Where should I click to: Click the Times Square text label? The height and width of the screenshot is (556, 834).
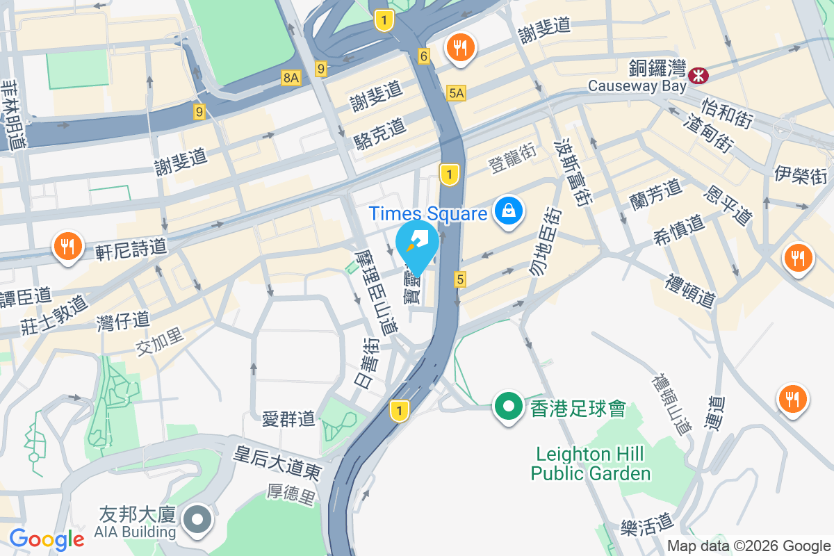(x=427, y=213)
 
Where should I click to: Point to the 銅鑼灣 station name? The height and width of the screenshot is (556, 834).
(x=656, y=68)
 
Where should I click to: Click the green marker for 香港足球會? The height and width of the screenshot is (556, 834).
(x=509, y=406)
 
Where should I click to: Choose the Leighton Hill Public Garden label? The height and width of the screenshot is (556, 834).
(x=591, y=464)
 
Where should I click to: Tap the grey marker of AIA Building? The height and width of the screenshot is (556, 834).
(x=198, y=518)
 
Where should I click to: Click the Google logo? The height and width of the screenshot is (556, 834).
(x=47, y=539)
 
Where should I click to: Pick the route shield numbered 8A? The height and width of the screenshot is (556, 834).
(x=291, y=78)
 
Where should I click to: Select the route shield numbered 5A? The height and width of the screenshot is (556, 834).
(x=456, y=93)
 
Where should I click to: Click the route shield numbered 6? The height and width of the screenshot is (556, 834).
(x=423, y=56)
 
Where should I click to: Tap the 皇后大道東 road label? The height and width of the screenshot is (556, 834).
(x=277, y=464)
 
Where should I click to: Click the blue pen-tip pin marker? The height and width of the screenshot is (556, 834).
(x=417, y=244)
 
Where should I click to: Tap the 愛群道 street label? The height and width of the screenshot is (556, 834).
(x=288, y=418)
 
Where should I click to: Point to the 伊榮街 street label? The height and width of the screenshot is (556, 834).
(x=801, y=174)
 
